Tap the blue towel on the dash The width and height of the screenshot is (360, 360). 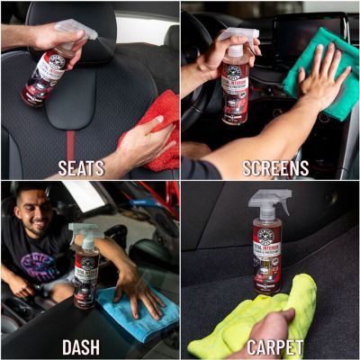coord(135,310)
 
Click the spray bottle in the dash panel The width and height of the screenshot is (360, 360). coord(87,270)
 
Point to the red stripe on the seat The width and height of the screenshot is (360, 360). coord(70,144)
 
